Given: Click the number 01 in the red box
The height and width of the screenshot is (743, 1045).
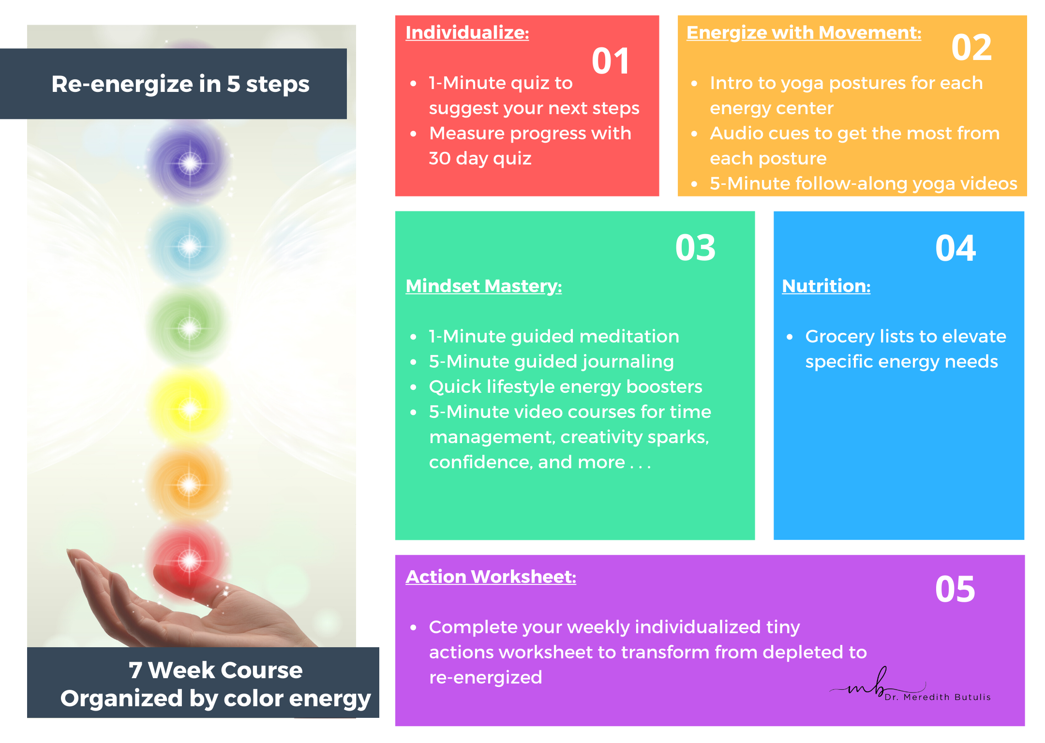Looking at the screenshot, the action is (x=611, y=61).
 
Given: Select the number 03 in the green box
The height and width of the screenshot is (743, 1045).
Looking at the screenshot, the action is (x=695, y=248).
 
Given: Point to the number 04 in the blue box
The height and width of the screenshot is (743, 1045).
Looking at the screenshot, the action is (x=955, y=248).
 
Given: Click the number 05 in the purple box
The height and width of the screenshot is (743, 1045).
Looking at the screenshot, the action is (x=955, y=589).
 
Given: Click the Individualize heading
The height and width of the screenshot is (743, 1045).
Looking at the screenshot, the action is (x=467, y=33).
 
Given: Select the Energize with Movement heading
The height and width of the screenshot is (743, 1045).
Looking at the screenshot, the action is (x=804, y=33).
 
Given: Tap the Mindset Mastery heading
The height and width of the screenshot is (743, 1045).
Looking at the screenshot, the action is (x=484, y=286).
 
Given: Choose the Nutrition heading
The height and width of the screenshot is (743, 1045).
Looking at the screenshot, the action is (x=826, y=286).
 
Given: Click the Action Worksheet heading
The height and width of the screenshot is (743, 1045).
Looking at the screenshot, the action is (x=491, y=577).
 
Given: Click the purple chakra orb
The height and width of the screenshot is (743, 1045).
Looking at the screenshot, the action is (x=190, y=163).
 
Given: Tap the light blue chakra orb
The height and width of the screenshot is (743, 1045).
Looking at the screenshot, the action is (x=189, y=246).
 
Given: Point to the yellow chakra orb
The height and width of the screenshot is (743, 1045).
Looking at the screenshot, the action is (x=190, y=409).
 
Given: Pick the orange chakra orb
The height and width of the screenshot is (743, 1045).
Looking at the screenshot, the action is (x=189, y=485).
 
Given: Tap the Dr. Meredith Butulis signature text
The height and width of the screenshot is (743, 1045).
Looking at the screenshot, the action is (x=938, y=697).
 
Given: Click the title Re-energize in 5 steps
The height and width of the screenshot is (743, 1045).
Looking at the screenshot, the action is (x=180, y=84).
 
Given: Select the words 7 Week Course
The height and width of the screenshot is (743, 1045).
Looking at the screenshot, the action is (x=215, y=670).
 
